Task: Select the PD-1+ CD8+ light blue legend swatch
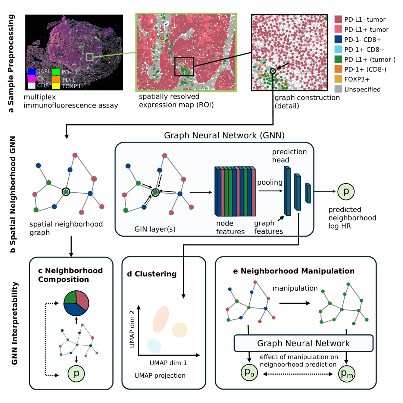tap(338, 49)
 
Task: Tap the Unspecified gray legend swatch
tap(338, 89)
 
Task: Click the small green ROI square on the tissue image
tap(90, 57)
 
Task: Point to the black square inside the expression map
tap(184, 66)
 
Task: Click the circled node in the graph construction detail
tap(273, 71)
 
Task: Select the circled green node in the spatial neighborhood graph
tap(66, 192)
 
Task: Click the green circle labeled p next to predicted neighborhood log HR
tap(346, 191)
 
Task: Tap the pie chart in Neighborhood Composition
tap(76, 303)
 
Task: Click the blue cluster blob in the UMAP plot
tap(154, 346)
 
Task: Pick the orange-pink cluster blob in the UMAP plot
tap(160, 319)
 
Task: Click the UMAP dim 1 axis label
tap(168, 363)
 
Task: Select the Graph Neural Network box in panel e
tap(303, 343)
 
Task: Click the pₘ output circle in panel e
tap(347, 374)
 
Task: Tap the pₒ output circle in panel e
tap(249, 373)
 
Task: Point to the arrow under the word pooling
tap(271, 191)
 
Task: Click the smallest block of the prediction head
tap(309, 193)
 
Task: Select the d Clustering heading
tap(152, 274)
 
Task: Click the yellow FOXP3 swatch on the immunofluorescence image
tap(56, 85)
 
